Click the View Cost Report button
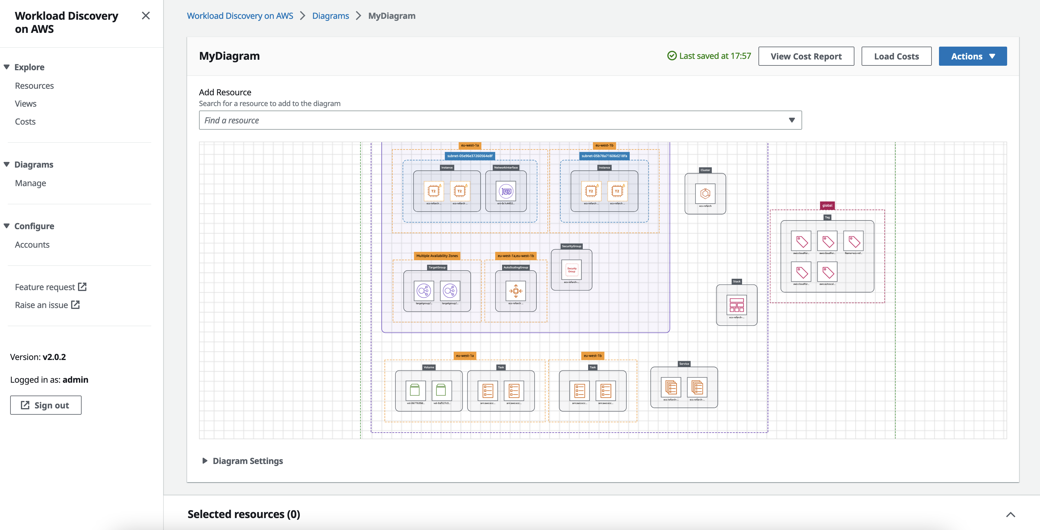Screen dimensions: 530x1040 pos(806,56)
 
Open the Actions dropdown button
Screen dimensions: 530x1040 pos(972,56)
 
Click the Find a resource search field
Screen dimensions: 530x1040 pos(493,120)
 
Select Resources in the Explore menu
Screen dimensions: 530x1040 pos(34,85)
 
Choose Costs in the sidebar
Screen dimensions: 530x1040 pos(25,122)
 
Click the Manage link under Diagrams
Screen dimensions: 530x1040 pos(30,183)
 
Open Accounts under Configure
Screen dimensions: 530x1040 pos(32,245)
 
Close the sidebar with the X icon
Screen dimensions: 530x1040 pos(146,16)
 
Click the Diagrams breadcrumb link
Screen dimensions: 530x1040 pos(330,16)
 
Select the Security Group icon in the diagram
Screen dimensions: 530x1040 pos(571,270)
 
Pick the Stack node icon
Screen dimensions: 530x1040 pos(736,305)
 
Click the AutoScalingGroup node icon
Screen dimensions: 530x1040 pos(516,291)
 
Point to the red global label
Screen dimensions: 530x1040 pos(827,206)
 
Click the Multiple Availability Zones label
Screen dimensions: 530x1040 pos(437,256)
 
